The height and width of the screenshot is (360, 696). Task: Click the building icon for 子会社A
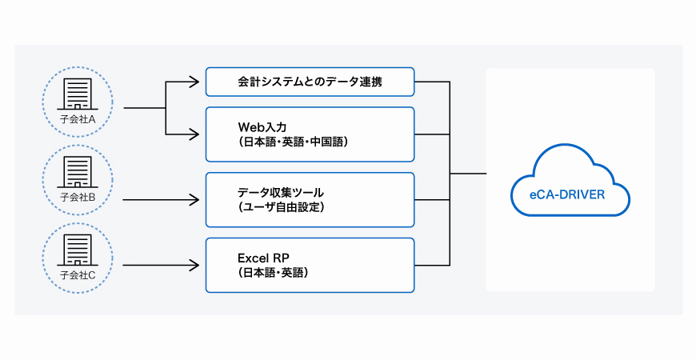point(78,94)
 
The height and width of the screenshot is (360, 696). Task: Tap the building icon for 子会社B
point(78,172)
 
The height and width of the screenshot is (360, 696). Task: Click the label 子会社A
point(78,119)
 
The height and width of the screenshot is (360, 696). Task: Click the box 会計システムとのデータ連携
point(310,81)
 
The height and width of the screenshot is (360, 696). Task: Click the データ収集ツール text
point(280,193)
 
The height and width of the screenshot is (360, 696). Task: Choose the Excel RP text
point(263,258)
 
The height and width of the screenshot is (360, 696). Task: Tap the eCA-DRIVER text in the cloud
point(570,194)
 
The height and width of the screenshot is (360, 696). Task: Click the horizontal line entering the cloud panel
point(468,173)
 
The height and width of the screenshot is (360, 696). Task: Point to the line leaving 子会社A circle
point(144,107)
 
